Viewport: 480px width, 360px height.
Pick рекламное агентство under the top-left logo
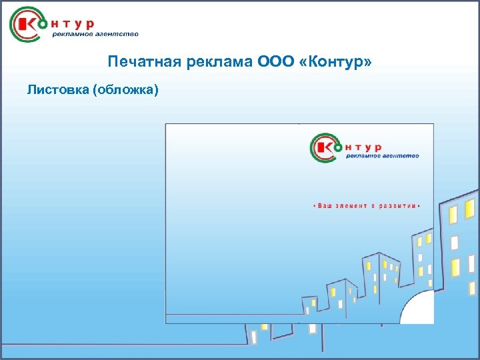point(95,35)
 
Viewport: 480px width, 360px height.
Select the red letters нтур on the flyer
point(366,145)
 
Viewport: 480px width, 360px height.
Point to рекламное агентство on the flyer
point(383,156)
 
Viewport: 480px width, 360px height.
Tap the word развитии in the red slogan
point(397,206)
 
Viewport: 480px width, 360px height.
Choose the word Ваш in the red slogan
point(325,206)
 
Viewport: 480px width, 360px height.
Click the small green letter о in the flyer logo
point(340,146)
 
